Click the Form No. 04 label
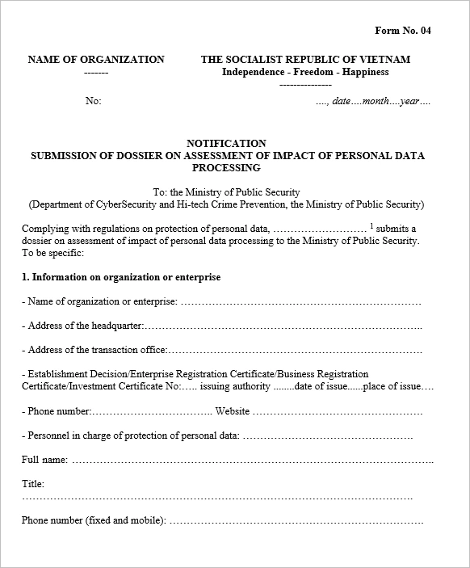pos(403,31)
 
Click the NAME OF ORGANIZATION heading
pos(96,60)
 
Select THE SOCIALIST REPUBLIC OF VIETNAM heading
pos(305,60)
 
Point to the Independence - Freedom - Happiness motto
pos(305,72)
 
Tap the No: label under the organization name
pos(93,102)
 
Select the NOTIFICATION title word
pos(226,144)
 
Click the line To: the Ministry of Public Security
pos(226,192)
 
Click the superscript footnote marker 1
pos(371,226)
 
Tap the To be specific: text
pos(52,253)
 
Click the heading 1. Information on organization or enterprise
pos(121,277)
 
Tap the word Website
pos(233,411)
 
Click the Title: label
pos(33,484)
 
